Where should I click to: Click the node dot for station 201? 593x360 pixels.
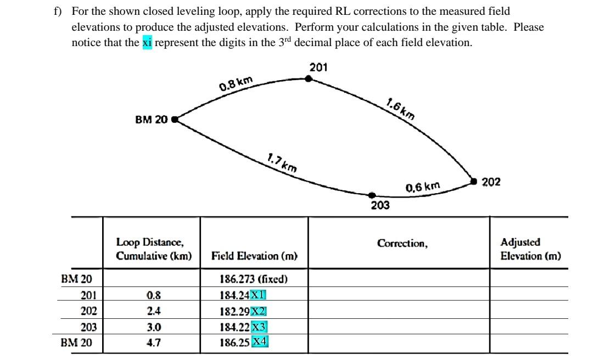click(x=309, y=78)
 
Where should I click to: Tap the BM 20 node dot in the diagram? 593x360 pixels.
click(x=175, y=119)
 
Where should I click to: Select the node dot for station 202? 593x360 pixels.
click(x=474, y=181)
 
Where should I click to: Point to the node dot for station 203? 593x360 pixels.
click(x=372, y=195)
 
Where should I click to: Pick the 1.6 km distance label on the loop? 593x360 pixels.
click(x=400, y=109)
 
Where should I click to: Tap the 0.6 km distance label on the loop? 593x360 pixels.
click(x=423, y=188)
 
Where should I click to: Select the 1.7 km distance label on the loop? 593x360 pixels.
click(x=282, y=163)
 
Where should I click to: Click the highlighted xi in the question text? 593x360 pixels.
click(x=147, y=42)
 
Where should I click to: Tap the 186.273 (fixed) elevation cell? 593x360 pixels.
click(x=254, y=279)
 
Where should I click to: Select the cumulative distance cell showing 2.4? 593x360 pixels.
click(x=154, y=311)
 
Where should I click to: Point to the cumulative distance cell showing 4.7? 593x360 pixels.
click(x=154, y=344)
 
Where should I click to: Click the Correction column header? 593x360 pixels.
click(x=402, y=243)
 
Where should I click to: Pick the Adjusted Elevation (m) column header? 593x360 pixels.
click(x=530, y=249)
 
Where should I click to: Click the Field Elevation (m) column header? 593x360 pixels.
click(x=254, y=256)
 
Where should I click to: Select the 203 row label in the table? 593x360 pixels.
click(x=88, y=328)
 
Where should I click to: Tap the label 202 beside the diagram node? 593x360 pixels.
click(x=491, y=182)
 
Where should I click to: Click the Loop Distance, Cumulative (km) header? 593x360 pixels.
click(x=154, y=249)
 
